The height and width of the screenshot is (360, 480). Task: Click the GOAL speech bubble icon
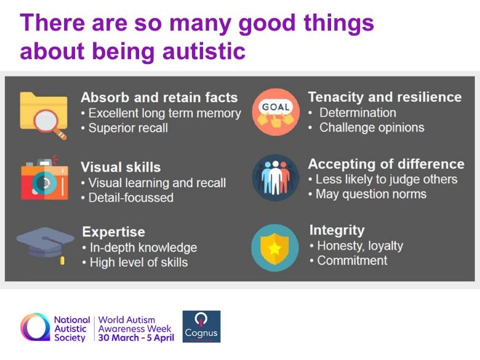276,112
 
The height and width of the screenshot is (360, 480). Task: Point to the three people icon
276,178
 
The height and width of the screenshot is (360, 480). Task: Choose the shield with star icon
275,248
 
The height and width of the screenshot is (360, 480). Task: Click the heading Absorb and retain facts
159,98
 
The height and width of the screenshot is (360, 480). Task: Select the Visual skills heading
121,167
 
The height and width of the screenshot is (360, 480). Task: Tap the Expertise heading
114,232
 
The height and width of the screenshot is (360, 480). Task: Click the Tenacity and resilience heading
385,97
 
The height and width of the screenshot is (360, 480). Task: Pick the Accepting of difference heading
386,164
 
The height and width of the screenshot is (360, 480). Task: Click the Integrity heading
337,230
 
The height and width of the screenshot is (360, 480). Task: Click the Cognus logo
201,327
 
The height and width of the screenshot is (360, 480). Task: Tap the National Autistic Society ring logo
35,327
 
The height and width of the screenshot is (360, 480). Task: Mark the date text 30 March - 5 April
136,338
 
